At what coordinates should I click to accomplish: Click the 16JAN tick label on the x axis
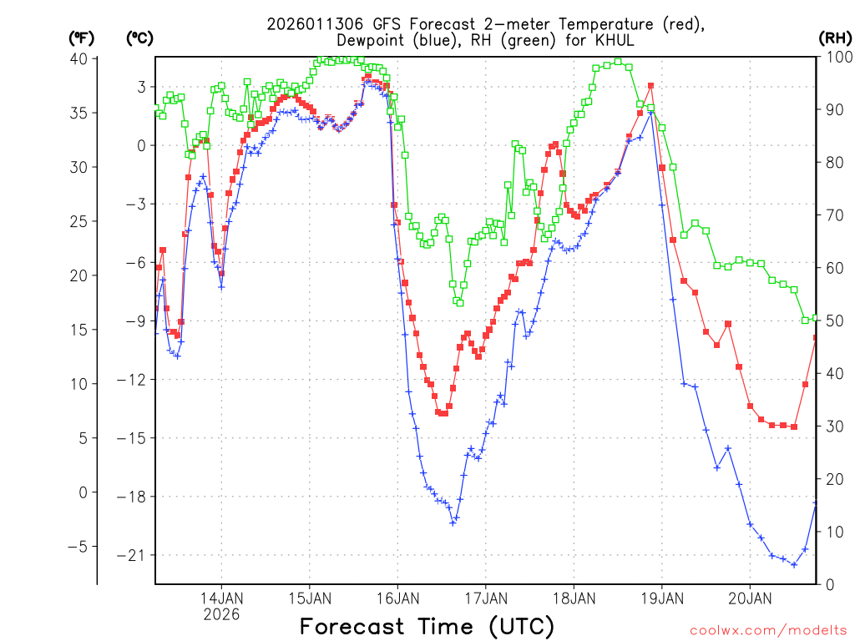pos(397,598)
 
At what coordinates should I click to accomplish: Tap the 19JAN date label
pos(661,598)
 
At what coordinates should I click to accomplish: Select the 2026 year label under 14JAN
pos(221,614)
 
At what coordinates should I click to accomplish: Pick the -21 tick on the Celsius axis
pos(134,555)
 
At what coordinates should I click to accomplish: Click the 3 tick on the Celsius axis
pos(141,87)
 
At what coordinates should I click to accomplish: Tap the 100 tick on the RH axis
pos(837,58)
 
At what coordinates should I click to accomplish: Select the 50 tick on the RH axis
pos(834,321)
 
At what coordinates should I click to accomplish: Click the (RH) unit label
pos(835,38)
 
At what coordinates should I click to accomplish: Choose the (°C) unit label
pos(139,38)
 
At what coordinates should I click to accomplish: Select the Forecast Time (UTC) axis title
pos(427,626)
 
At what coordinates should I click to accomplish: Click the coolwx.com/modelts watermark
pos(766,629)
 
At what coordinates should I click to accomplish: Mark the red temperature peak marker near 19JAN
pos(650,85)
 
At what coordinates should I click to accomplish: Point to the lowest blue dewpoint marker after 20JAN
pos(794,564)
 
